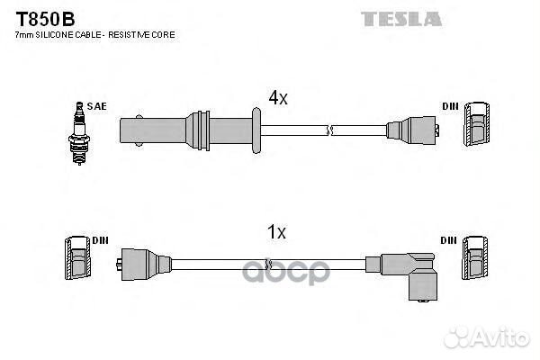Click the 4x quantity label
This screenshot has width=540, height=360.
click(277, 97)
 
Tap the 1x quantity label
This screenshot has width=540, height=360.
click(277, 232)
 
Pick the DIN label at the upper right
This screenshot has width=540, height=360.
click(450, 106)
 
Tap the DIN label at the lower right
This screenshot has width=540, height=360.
click(450, 239)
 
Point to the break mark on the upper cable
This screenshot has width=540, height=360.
click(330, 130)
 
